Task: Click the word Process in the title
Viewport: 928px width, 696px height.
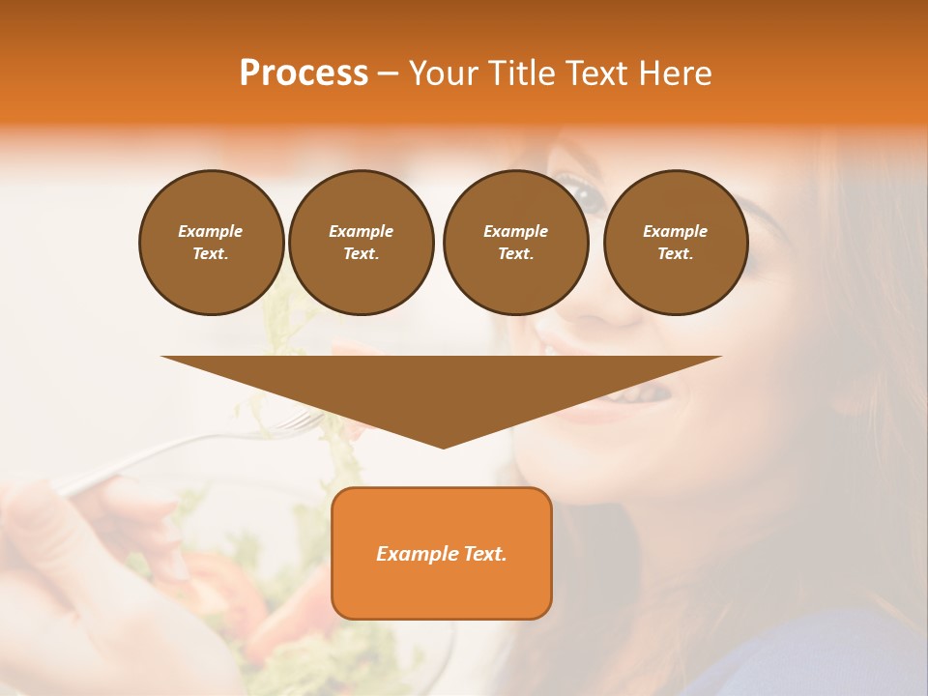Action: click(x=304, y=73)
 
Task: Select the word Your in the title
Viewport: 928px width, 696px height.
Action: click(x=441, y=73)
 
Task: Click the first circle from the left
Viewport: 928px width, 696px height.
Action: click(x=211, y=243)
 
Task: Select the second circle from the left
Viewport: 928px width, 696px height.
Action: click(x=361, y=243)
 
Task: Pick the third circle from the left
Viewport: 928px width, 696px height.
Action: click(x=515, y=243)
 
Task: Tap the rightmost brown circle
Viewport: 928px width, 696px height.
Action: click(x=675, y=243)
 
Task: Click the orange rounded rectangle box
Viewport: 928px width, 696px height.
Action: click(x=441, y=553)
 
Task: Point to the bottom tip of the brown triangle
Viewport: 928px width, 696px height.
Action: click(x=443, y=447)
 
